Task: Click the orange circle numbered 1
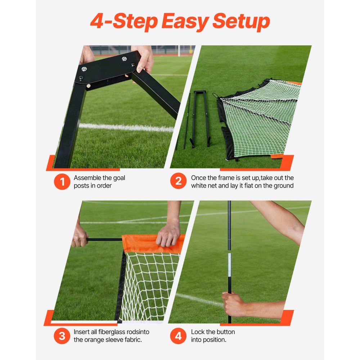click(62, 182)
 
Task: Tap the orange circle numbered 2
click(179, 182)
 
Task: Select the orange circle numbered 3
click(62, 336)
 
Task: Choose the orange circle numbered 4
click(179, 336)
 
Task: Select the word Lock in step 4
click(198, 332)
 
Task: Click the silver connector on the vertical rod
click(229, 264)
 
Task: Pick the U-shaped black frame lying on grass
click(200, 117)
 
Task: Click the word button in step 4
click(224, 332)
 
